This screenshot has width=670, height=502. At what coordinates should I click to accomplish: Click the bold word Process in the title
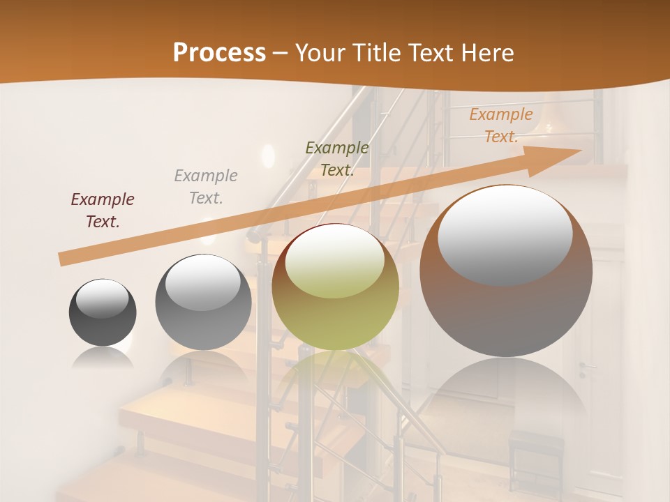219,52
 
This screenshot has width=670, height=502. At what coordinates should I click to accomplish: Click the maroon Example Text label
103,211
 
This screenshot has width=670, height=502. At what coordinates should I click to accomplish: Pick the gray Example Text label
206,187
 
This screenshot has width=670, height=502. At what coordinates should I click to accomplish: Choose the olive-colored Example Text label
337,159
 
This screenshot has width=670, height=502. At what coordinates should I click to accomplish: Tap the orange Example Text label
501,125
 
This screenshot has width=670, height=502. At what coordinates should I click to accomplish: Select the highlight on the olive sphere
335,259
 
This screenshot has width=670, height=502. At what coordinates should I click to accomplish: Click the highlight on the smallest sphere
102,298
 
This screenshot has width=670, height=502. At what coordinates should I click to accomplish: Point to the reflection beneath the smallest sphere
103,357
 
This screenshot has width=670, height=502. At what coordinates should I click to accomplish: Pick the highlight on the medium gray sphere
203,282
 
